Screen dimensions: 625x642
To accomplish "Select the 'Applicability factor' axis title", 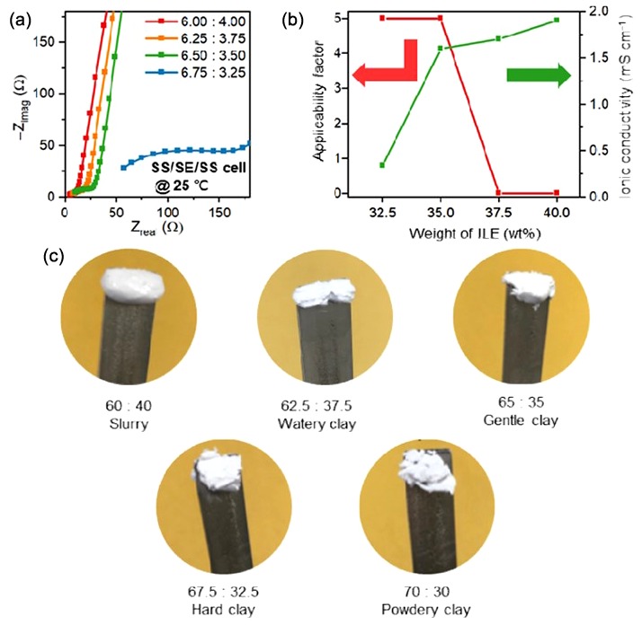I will click(319, 102).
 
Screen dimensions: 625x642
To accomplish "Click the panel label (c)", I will click(55, 255).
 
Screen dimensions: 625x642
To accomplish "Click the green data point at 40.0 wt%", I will click(557, 20).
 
